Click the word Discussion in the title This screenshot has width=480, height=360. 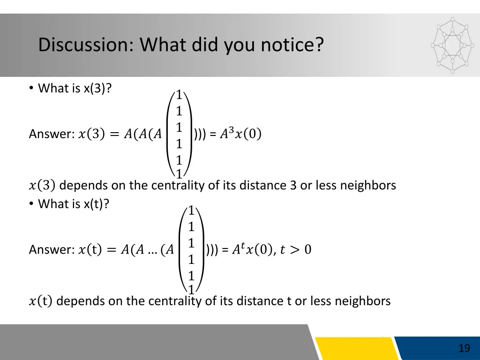pos(86,45)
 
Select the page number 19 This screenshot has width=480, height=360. pos(464,348)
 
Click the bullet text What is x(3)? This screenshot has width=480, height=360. pos(75,88)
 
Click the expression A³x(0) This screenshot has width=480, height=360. pos(241,134)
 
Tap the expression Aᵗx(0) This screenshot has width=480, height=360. pos(252,249)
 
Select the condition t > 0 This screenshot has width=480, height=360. pos(295,250)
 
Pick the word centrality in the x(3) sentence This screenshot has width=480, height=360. pos(178,186)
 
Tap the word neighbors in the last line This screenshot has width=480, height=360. pos(362,301)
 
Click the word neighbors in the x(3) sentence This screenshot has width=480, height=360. pos(368,186)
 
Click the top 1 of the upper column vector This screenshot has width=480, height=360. pos(179,95)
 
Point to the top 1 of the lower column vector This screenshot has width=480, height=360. pos(191,210)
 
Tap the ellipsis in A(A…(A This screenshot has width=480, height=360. pos(151,251)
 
